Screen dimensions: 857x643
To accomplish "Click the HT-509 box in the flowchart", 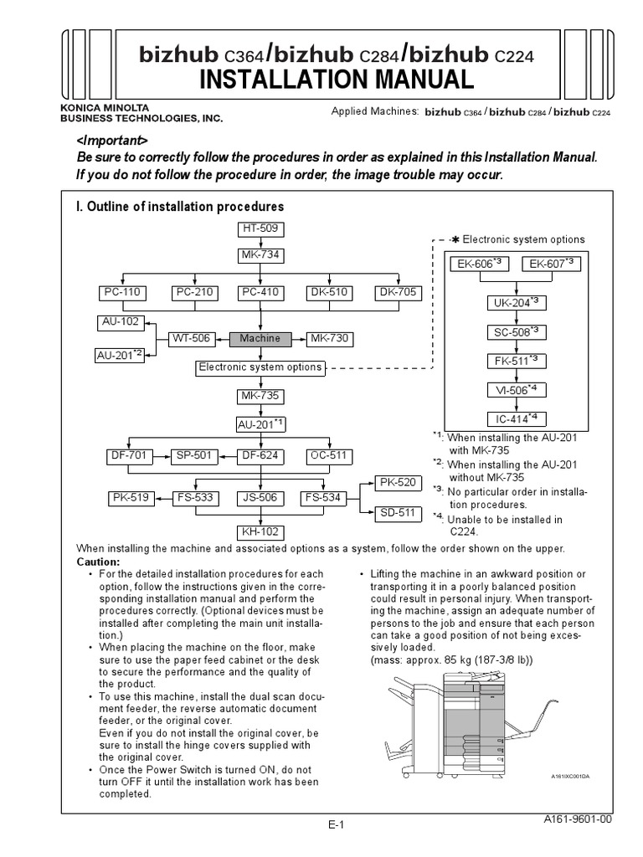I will coord(262,228).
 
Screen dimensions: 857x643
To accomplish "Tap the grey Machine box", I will coord(260,339).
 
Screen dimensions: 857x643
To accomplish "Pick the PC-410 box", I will coord(260,293).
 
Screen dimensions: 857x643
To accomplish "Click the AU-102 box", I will coord(121,321).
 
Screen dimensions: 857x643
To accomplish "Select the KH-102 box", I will coord(260,531).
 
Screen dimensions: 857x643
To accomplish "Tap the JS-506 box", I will coord(260,498).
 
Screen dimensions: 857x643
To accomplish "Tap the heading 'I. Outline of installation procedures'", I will coord(180,206).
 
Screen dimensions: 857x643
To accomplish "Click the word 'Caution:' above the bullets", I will coord(99,561).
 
